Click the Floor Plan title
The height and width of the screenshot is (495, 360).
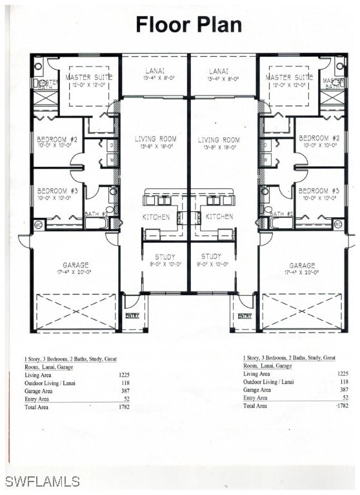[x=189, y=24]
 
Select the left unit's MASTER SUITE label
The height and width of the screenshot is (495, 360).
[x=89, y=77]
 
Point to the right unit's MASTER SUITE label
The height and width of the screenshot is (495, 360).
[x=289, y=77]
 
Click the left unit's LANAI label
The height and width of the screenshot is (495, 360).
[x=155, y=72]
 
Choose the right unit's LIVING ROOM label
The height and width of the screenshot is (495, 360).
[x=218, y=140]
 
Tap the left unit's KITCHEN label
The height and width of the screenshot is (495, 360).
[x=156, y=217]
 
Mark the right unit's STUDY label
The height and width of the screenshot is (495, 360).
[x=211, y=257]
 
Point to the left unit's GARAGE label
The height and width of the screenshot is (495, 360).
[x=76, y=265]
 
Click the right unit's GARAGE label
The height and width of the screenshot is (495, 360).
[x=302, y=265]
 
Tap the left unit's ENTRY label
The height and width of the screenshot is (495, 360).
[x=132, y=316]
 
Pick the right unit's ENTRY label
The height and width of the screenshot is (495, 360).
[x=244, y=316]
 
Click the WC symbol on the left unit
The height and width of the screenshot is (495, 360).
[x=38, y=224]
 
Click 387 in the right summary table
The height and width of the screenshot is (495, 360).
[x=344, y=389]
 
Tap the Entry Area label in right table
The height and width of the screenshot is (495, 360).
[x=256, y=398]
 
